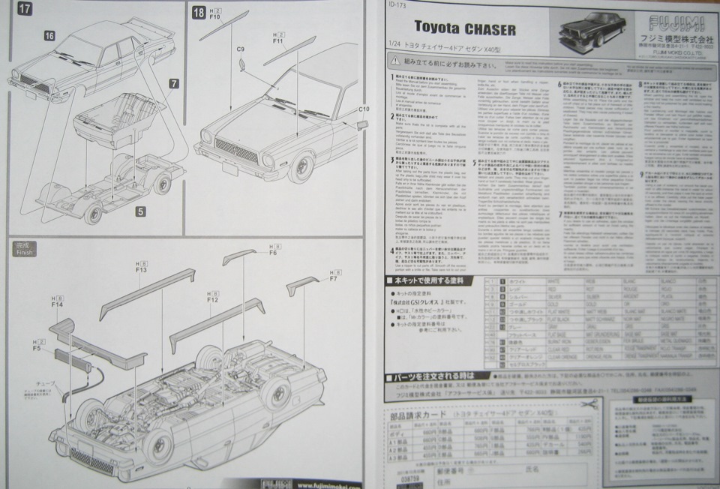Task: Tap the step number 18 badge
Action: [x=199, y=12]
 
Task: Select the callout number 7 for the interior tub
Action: [x=174, y=83]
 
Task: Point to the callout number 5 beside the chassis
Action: [x=140, y=212]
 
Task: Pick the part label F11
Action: [x=277, y=43]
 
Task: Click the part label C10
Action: [x=364, y=109]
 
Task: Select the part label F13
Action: [x=141, y=270]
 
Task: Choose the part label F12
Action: [x=212, y=300]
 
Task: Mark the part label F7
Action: [x=332, y=279]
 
